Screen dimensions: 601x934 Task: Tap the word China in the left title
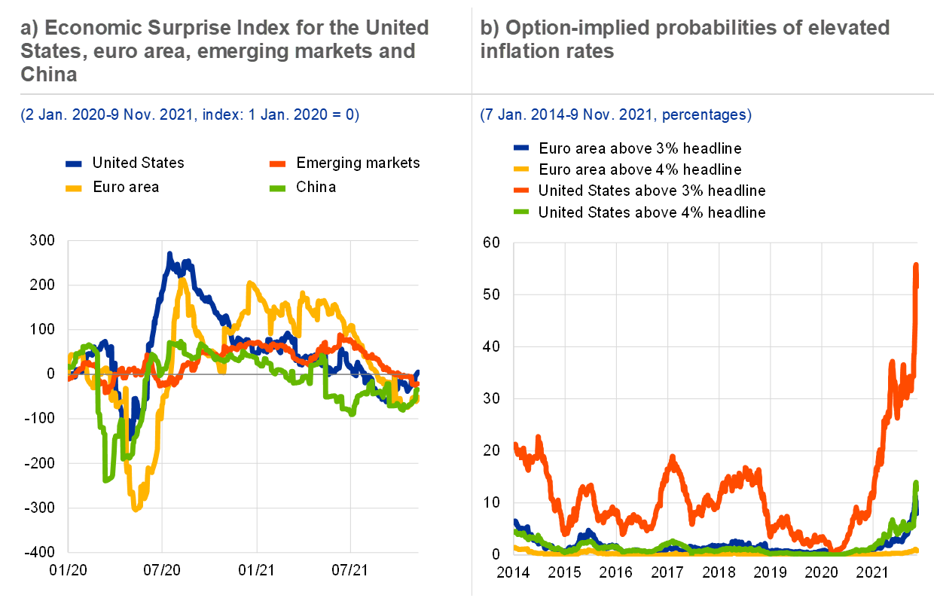tap(49, 75)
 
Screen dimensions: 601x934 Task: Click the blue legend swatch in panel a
tap(74, 163)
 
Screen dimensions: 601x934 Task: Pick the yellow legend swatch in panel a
tap(74, 188)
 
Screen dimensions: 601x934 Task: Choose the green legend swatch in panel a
tap(277, 188)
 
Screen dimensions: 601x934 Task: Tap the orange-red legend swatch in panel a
tap(277, 163)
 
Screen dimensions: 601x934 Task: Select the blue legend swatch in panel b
tap(520, 148)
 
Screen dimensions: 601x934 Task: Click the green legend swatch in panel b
tap(520, 212)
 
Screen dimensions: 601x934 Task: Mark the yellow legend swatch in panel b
tap(520, 169)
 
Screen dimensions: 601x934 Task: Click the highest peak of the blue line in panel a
tap(169, 255)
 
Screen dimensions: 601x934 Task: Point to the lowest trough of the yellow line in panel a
tap(136, 510)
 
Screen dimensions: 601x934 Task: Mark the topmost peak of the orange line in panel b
tap(916, 264)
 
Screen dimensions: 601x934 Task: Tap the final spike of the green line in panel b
tap(916, 483)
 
